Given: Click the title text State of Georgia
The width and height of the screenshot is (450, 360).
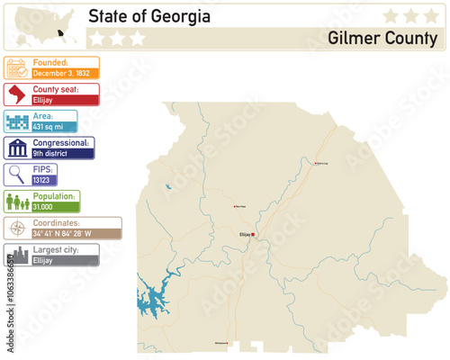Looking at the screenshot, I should pyautogui.click(x=149, y=16).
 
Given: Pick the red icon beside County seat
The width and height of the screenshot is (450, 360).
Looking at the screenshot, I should pyautogui.click(x=16, y=94).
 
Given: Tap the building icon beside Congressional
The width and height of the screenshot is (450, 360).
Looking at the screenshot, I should pyautogui.click(x=16, y=148).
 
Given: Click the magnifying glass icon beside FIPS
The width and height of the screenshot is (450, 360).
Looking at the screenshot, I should pyautogui.click(x=16, y=175).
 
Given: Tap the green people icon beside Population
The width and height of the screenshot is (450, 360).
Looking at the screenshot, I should pyautogui.click(x=16, y=201).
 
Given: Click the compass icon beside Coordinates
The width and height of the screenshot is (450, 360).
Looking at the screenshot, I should pyautogui.click(x=16, y=228).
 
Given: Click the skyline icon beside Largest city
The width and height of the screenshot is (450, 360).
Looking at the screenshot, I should pyautogui.click(x=16, y=255).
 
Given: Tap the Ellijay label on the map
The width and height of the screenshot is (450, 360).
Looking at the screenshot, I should pyautogui.click(x=244, y=236).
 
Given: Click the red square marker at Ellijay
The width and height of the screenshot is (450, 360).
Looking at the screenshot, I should pyautogui.click(x=253, y=236).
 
